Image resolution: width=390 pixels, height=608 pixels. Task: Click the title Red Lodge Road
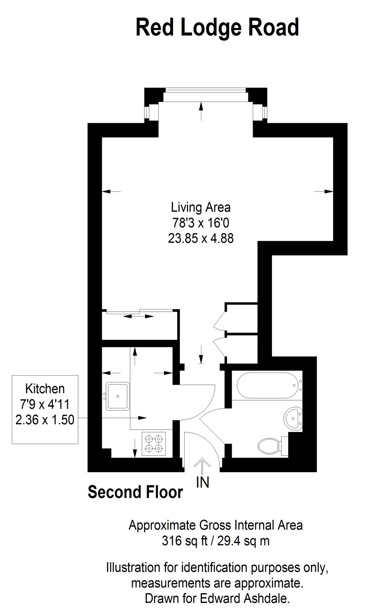[x=217, y=28]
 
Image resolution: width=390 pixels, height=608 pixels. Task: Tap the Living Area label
[x=201, y=207]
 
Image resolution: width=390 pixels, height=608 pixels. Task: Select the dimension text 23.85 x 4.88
[x=201, y=238]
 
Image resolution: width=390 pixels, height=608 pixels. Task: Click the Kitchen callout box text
[x=45, y=404]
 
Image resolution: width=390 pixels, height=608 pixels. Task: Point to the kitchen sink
[x=118, y=396]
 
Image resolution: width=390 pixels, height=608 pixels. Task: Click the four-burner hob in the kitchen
[x=154, y=444]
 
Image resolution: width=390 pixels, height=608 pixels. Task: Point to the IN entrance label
[x=203, y=482]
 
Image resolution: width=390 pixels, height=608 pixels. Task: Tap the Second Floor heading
[x=135, y=492]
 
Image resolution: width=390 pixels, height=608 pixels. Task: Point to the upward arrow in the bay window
[x=201, y=111]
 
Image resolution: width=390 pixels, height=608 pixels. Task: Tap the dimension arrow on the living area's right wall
[x=324, y=192]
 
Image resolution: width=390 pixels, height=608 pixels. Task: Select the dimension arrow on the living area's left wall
[x=111, y=192]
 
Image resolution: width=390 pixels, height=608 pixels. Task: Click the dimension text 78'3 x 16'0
[x=201, y=223]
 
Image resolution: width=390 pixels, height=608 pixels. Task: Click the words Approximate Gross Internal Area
[x=215, y=525]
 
